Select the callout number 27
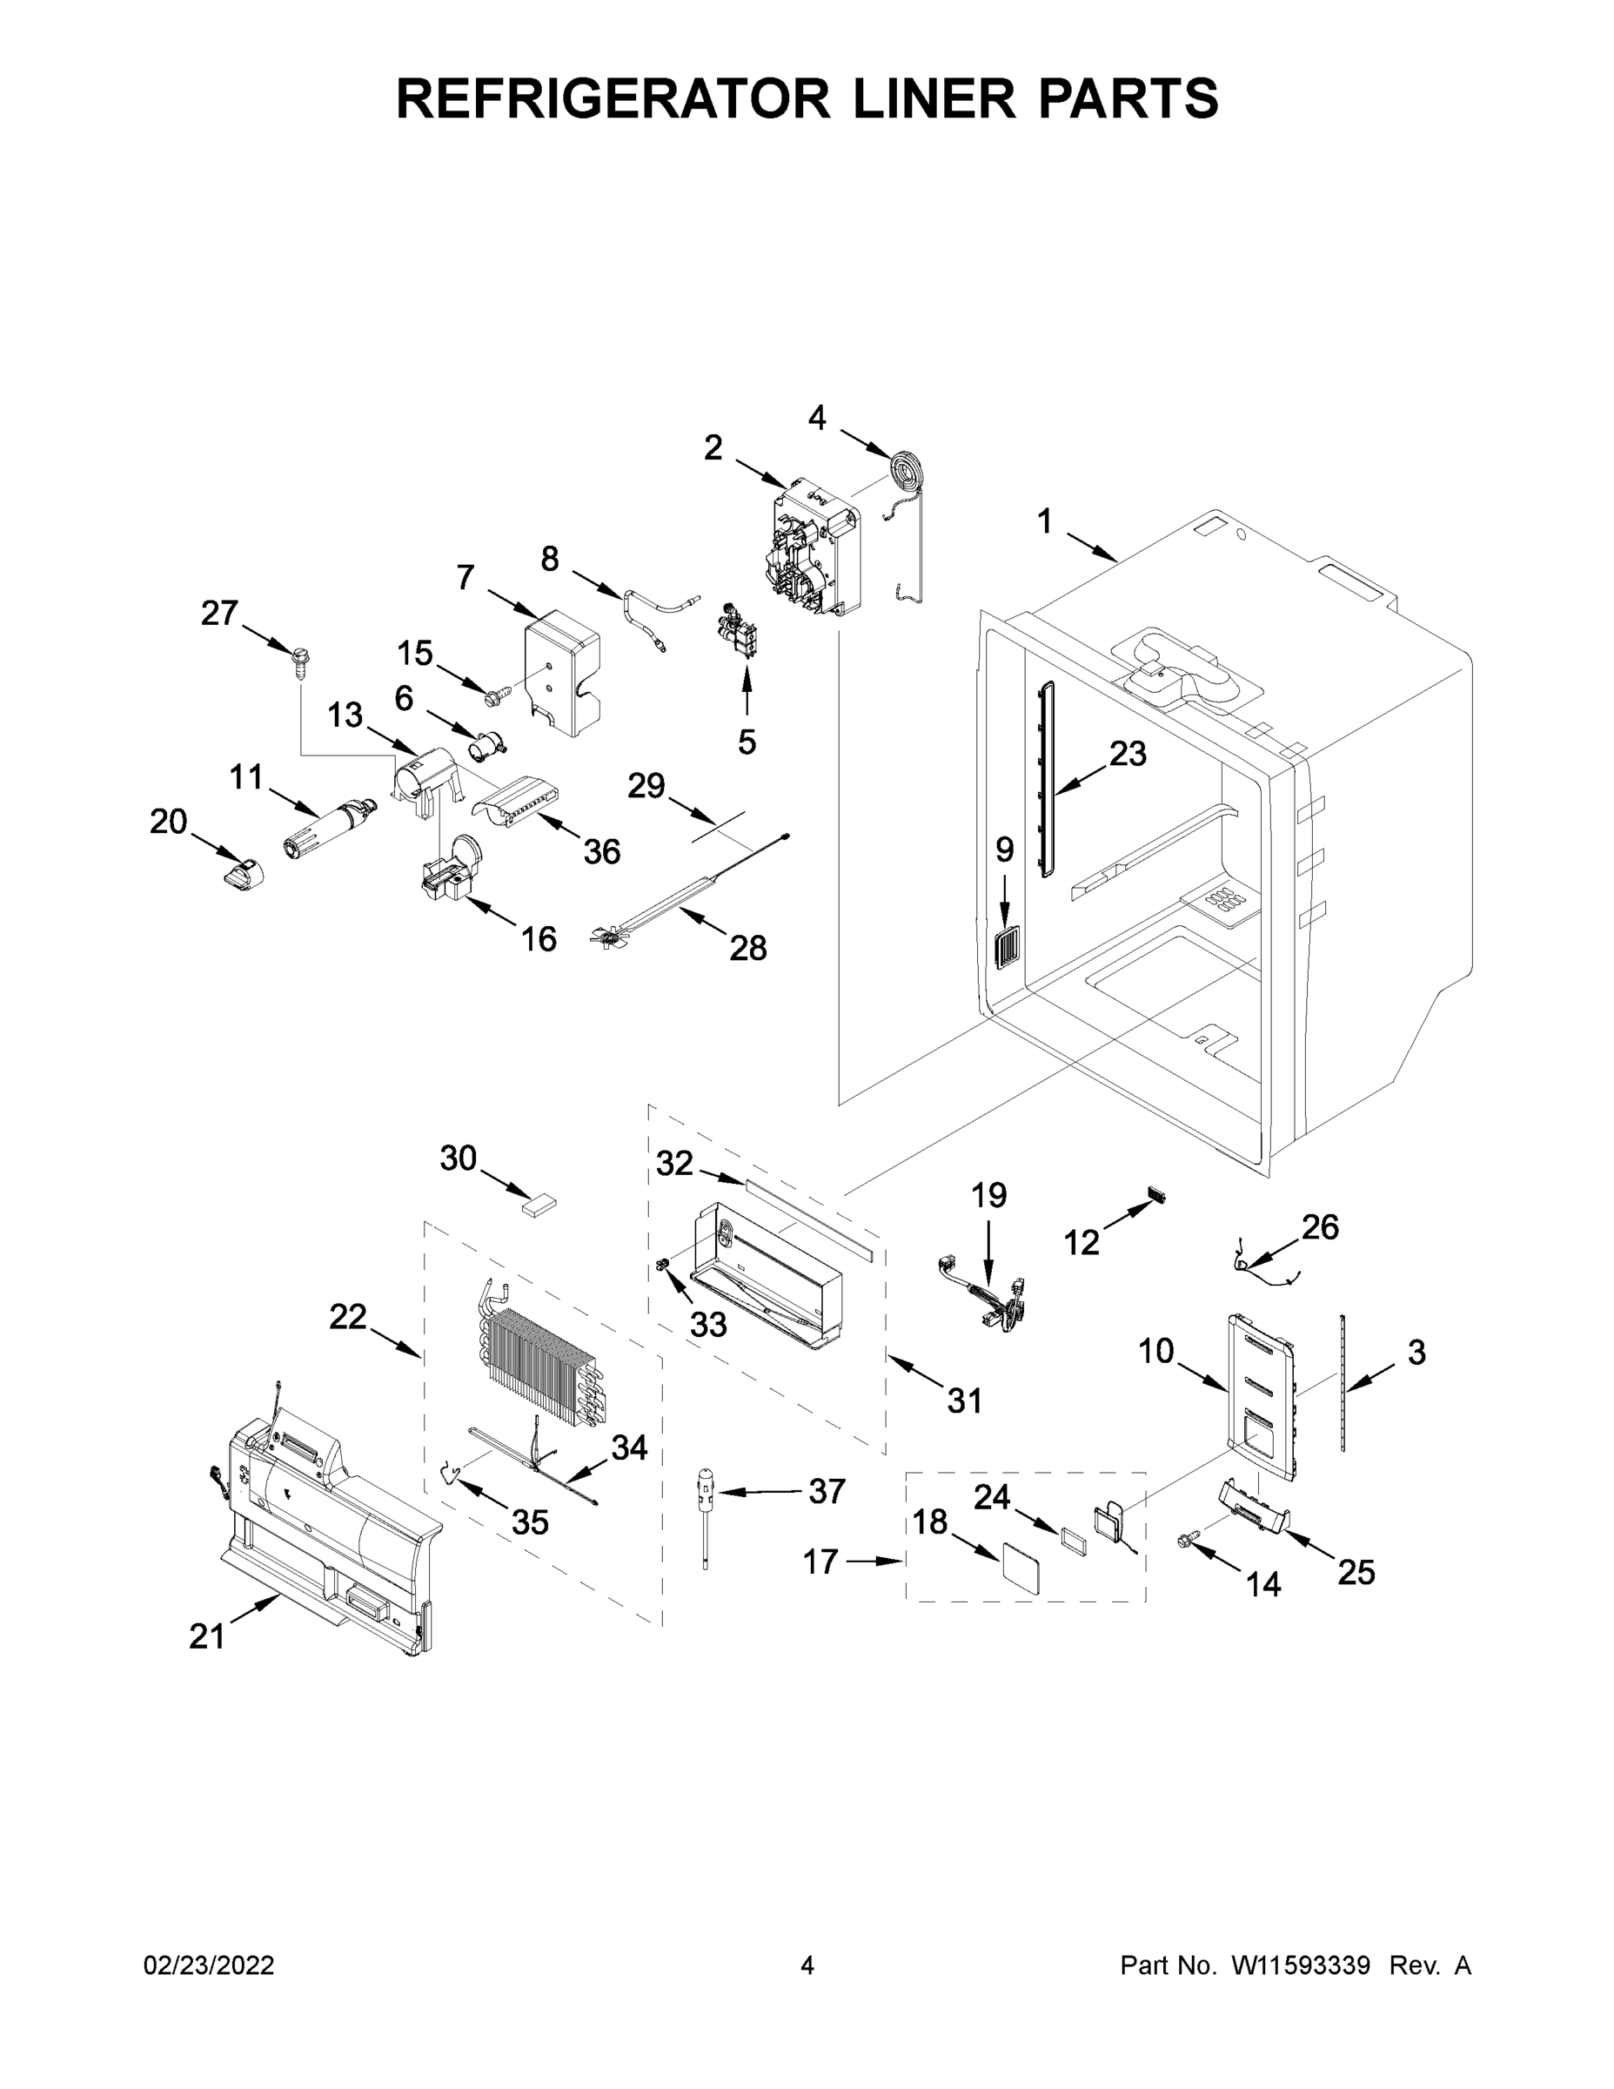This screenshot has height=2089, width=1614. [219, 613]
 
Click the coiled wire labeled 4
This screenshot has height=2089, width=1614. [902, 473]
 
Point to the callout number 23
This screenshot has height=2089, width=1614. [1128, 753]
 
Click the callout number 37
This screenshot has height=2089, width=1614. [827, 1491]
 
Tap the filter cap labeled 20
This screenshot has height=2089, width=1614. [243, 873]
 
